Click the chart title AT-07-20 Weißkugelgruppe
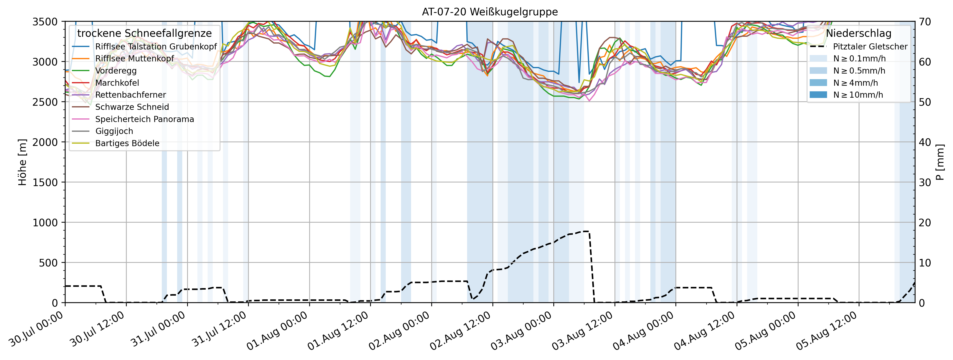[490, 12]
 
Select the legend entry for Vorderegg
[116, 71]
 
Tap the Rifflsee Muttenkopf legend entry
[134, 58]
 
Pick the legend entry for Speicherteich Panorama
[144, 119]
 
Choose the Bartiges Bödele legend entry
[127, 143]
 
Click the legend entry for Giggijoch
[114, 131]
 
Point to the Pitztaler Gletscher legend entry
[870, 47]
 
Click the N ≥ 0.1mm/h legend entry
[859, 58]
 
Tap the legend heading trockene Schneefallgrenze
[144, 33]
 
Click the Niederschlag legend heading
[858, 33]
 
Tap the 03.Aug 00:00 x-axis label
[522, 331]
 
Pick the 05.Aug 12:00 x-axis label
[827, 331]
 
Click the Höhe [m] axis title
[22, 162]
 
